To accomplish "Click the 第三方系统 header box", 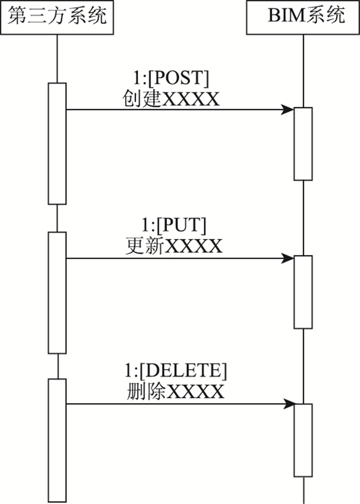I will pyautogui.click(x=57, y=17).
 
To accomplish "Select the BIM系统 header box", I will pyautogui.click(x=303, y=17).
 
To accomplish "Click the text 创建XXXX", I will pyautogui.click(x=171, y=98).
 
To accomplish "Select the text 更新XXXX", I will pyautogui.click(x=173, y=246).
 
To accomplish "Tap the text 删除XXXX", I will pyautogui.click(x=175, y=392).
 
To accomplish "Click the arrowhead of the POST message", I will pyautogui.click(x=288, y=110).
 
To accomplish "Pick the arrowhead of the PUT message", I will pyautogui.click(x=288, y=258).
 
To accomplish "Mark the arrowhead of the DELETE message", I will pyautogui.click(x=288, y=404).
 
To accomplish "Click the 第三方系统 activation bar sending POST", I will pyautogui.click(x=57, y=143).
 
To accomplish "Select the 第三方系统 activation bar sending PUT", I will pyautogui.click(x=57, y=292).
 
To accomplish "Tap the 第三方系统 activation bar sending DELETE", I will pyautogui.click(x=57, y=440).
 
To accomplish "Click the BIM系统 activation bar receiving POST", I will pyautogui.click(x=303, y=143).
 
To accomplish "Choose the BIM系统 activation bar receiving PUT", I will pyautogui.click(x=303, y=292).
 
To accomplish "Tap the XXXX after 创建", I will pyautogui.click(x=191, y=98).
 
